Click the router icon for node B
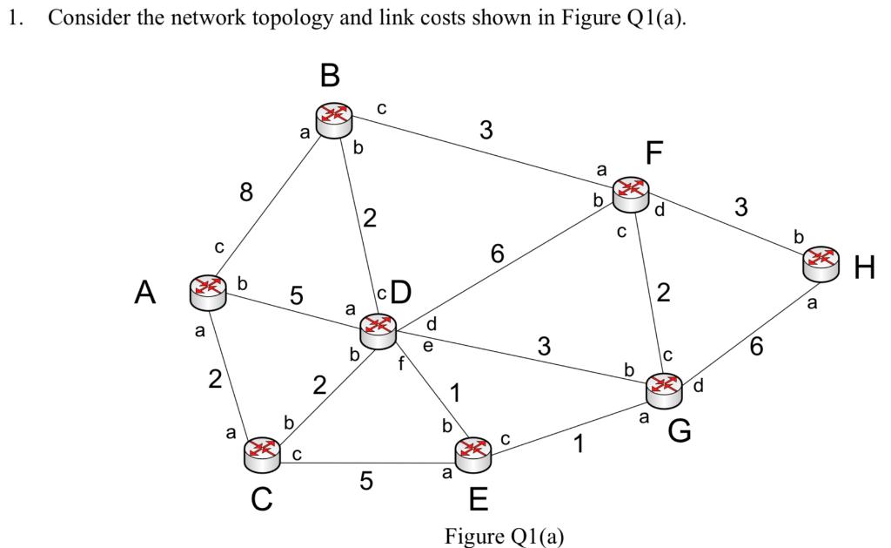(333, 118)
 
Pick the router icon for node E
(473, 451)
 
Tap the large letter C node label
(260, 499)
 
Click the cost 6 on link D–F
(497, 254)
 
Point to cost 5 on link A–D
(296, 296)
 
